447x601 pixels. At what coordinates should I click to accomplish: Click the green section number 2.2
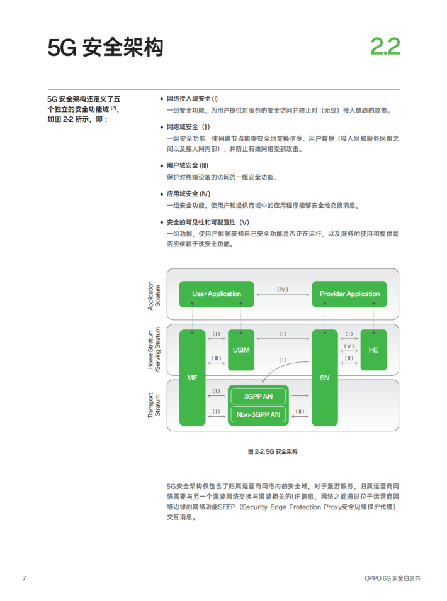pos(385,47)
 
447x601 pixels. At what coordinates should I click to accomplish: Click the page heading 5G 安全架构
pos(106,48)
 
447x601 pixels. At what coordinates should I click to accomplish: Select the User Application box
pos(217,294)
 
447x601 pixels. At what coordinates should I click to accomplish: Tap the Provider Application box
pos(349,294)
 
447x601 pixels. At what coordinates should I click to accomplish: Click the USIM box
pos(241,350)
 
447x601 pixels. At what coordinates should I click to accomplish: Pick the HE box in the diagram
pos(373,350)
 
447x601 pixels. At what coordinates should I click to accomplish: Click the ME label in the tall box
pos(192,378)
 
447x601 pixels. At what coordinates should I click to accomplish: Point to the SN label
pos(325,378)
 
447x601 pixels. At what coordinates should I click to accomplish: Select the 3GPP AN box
pos(258,396)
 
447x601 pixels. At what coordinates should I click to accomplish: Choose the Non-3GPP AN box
pos(258,414)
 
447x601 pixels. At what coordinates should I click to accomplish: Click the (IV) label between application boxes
pos(283,289)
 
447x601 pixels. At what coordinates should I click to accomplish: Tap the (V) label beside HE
pos(349,346)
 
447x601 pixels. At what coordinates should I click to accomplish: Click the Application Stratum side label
pos(154,295)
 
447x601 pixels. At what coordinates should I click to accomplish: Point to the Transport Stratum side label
pos(154,405)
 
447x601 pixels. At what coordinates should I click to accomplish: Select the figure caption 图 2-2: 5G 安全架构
pos(273,451)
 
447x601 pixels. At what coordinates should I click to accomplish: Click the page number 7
pos(24,578)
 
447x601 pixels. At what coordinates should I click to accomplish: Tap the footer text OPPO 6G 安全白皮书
pos(392,578)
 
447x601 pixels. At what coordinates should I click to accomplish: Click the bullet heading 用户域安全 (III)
pos(187,165)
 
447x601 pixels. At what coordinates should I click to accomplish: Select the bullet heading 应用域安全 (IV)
pos(188,194)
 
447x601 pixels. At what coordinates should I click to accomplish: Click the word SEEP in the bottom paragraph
pos(227,507)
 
